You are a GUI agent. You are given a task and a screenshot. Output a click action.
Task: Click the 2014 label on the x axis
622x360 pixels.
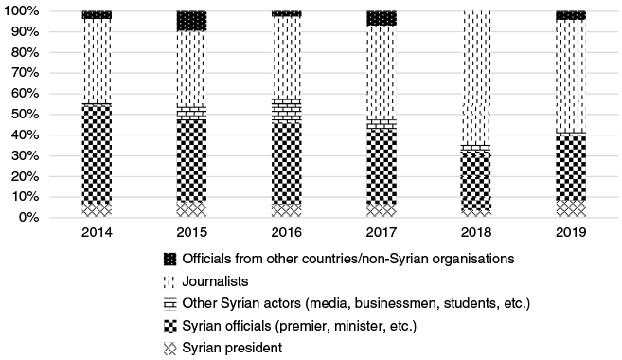pos(97,233)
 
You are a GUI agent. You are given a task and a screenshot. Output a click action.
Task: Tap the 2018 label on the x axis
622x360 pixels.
pos(475,233)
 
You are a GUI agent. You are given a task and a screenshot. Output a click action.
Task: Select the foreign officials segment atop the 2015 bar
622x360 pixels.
pos(191,20)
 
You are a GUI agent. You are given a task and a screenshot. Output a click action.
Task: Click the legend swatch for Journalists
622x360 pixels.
pos(170,280)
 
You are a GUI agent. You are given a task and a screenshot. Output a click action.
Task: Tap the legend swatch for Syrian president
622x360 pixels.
pos(170,348)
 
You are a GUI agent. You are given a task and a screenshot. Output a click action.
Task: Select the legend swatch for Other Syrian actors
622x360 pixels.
pos(170,303)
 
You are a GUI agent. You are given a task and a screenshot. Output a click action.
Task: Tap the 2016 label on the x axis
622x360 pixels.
pos(286,233)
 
